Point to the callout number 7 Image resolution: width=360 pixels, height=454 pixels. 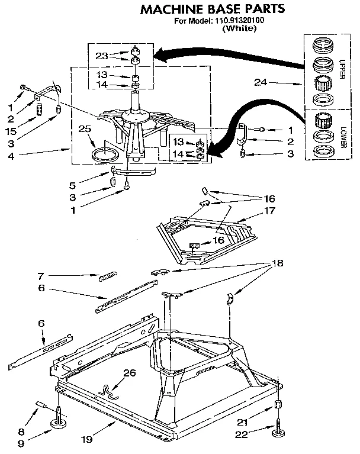(x=41, y=275)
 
